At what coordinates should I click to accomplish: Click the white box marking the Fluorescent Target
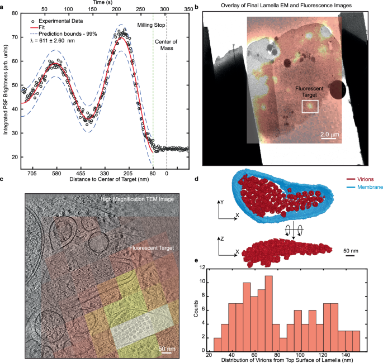click(x=309, y=107)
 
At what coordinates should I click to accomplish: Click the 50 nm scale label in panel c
click(x=166, y=349)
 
